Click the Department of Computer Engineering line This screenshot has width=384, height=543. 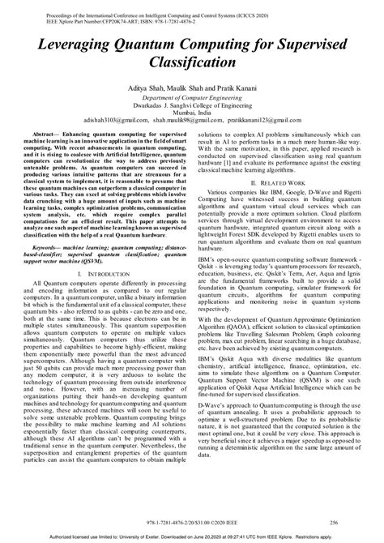(191, 95)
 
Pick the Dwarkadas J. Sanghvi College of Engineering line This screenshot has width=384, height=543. (191, 103)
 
